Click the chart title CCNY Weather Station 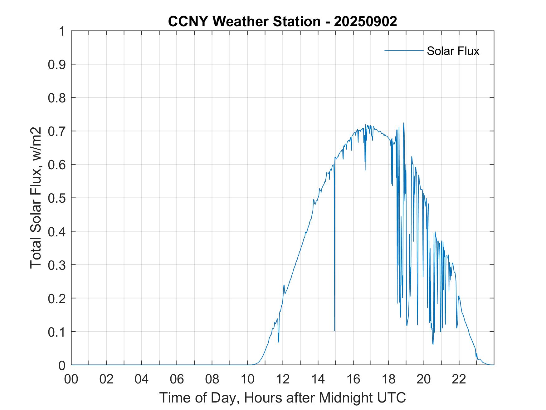pyautogui.click(x=244, y=22)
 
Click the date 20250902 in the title pyautogui.click(x=365, y=22)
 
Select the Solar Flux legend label pyautogui.click(x=453, y=51)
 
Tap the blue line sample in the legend pyautogui.click(x=404, y=50)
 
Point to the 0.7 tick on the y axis pyautogui.click(x=57, y=131)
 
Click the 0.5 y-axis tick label pyautogui.click(x=57, y=198)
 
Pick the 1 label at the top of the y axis pyautogui.click(x=62, y=32)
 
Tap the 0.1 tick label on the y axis pyautogui.click(x=57, y=332)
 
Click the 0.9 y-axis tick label pyautogui.click(x=57, y=65)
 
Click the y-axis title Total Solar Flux pyautogui.click(x=36, y=198)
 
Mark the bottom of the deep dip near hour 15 pyautogui.click(x=334, y=330)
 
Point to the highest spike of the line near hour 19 pyautogui.click(x=404, y=123)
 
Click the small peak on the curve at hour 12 pyautogui.click(x=284, y=285)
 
